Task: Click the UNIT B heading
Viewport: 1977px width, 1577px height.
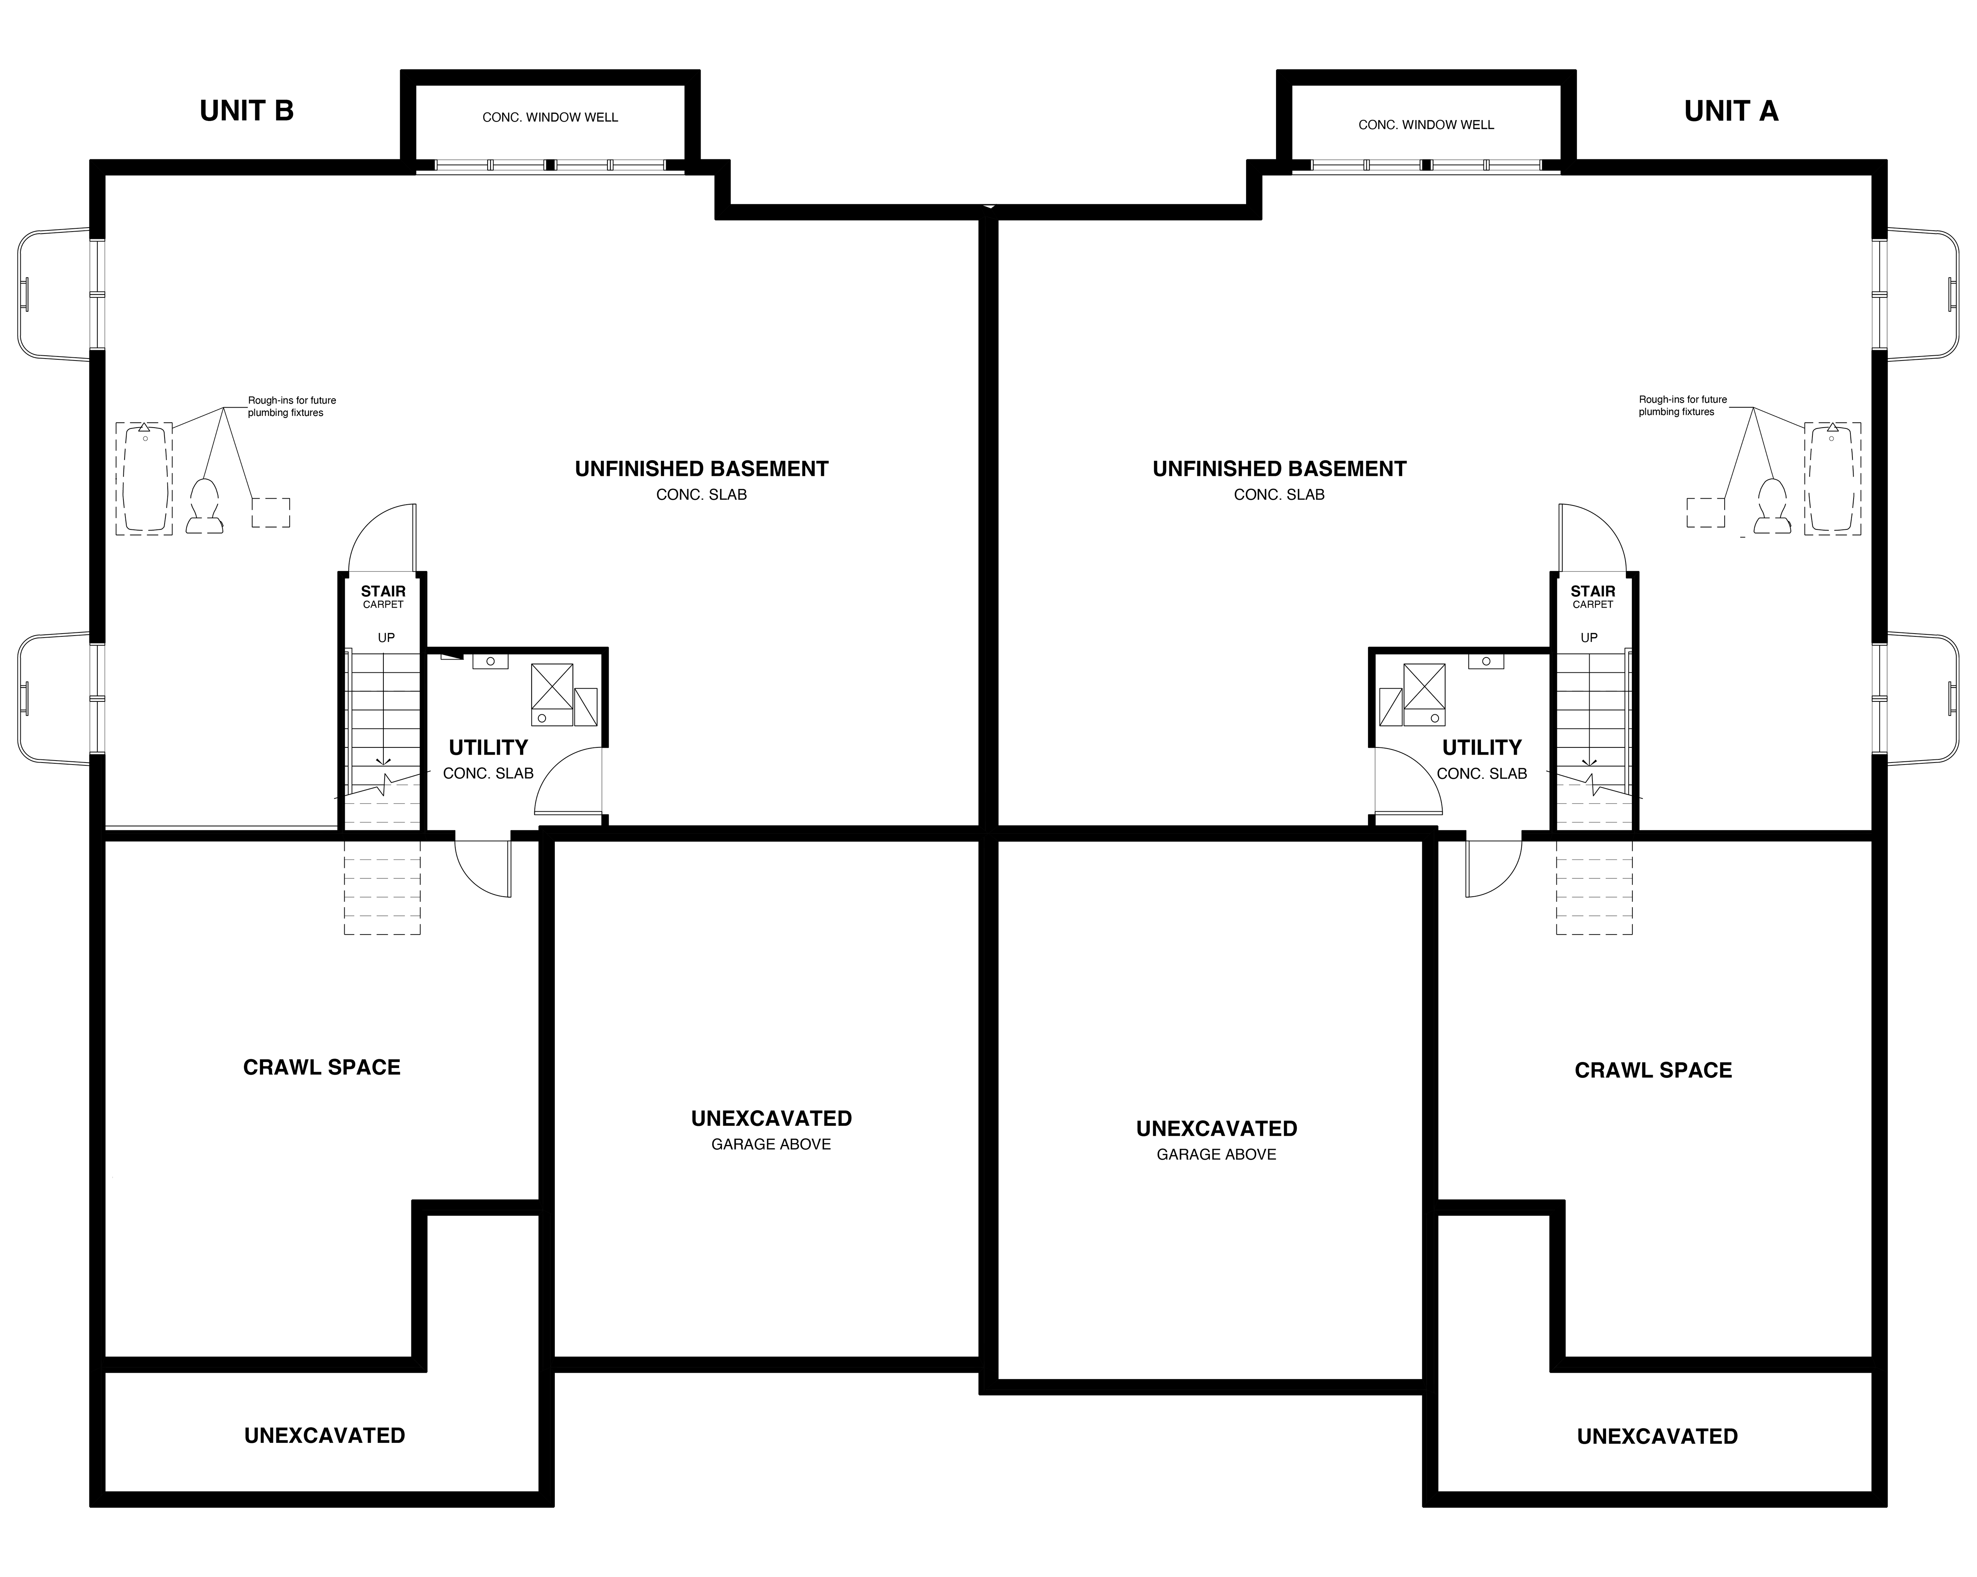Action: pyautogui.click(x=247, y=111)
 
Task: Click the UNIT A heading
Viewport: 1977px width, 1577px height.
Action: pyautogui.click(x=1730, y=111)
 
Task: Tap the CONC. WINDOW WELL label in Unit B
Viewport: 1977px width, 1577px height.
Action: pyautogui.click(x=550, y=117)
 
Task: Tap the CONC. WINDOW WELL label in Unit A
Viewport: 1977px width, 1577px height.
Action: pyautogui.click(x=1426, y=125)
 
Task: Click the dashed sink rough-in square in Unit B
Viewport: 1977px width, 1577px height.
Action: pyautogui.click(x=272, y=513)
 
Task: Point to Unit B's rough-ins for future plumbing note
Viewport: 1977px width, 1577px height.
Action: pyautogui.click(x=292, y=406)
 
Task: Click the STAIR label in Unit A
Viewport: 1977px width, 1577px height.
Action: pyautogui.click(x=1593, y=591)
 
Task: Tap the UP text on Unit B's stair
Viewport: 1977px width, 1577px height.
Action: pyautogui.click(x=386, y=637)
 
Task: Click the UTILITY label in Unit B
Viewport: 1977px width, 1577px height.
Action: pyautogui.click(x=488, y=747)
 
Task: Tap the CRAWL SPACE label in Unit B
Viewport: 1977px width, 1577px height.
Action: pyautogui.click(x=322, y=1067)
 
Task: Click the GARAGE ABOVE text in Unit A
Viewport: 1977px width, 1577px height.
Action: pyautogui.click(x=1216, y=1154)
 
